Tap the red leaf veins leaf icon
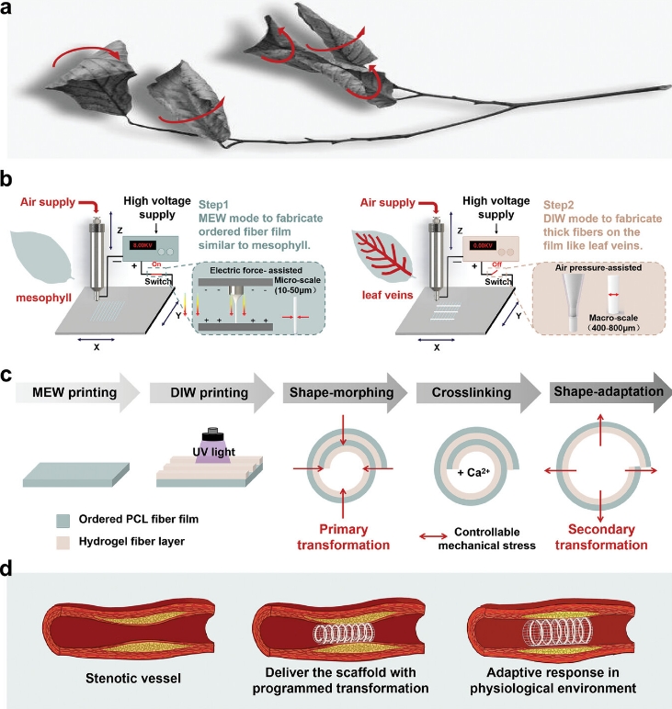tap(380, 255)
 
